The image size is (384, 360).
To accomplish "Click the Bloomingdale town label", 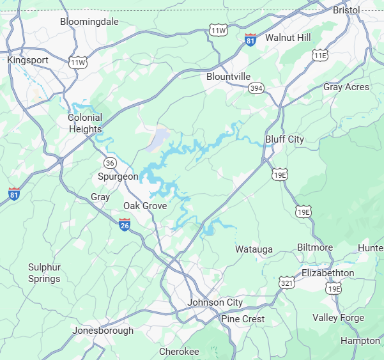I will pyautogui.click(x=89, y=22).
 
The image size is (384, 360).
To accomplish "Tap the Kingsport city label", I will pyautogui.click(x=27, y=60).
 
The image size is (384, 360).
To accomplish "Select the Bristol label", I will pyautogui.click(x=347, y=10).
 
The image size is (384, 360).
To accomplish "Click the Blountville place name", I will pyautogui.click(x=228, y=77).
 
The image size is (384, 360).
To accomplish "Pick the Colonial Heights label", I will pyautogui.click(x=85, y=123).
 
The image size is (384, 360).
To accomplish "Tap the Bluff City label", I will pyautogui.click(x=284, y=139).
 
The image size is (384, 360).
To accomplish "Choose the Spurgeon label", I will pyautogui.click(x=118, y=176).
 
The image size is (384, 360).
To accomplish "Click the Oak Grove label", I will pyautogui.click(x=145, y=206).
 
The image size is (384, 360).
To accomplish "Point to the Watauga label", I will pyautogui.click(x=254, y=249).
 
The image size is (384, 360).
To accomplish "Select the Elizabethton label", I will pyautogui.click(x=328, y=273).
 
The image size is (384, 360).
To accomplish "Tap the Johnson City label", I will pyautogui.click(x=215, y=302).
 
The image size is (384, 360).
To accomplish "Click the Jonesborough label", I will pyautogui.click(x=103, y=331).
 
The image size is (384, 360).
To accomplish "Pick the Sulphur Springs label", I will pyautogui.click(x=44, y=273).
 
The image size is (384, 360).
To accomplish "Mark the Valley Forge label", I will pyautogui.click(x=338, y=318).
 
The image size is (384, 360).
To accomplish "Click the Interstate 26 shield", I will pyautogui.click(x=125, y=224).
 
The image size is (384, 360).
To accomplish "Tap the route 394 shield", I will pyautogui.click(x=257, y=88).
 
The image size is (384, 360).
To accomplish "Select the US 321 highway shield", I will pyautogui.click(x=286, y=281).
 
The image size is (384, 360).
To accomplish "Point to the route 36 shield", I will pyautogui.click(x=111, y=162).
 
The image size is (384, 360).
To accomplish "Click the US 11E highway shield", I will pyautogui.click(x=319, y=56).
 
